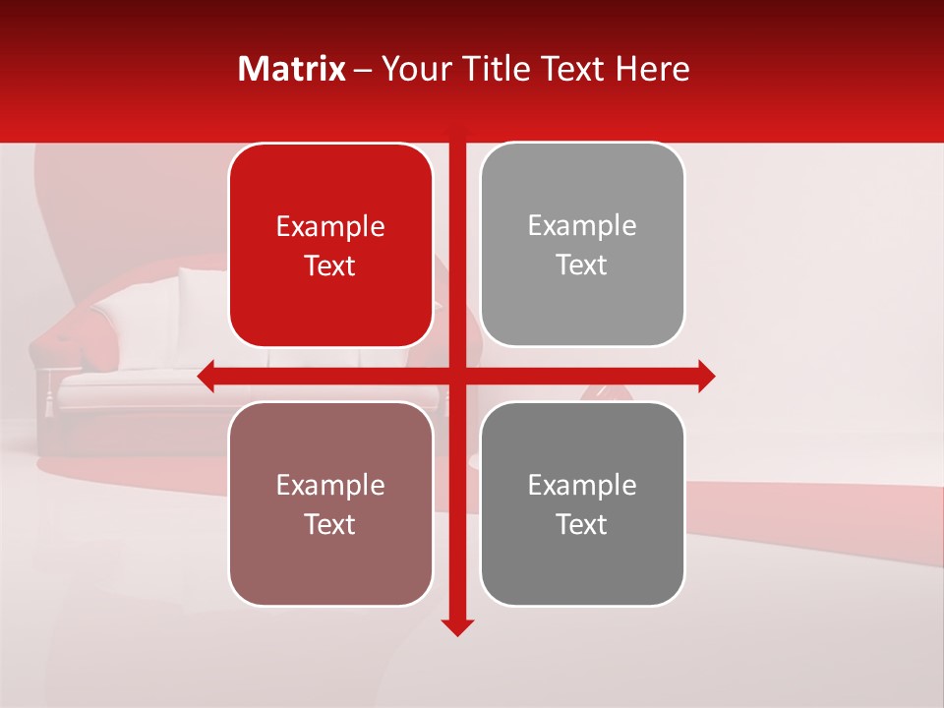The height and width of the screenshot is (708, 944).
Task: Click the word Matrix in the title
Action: coord(292,69)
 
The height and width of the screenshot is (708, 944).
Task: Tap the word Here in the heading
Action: coord(652,69)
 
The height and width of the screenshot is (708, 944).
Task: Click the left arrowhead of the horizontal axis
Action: coord(207,377)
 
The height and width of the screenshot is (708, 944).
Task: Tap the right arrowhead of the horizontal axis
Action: coord(706,377)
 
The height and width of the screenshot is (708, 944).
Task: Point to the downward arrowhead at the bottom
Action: coord(457,626)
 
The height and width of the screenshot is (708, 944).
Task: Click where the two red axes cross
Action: coord(457,377)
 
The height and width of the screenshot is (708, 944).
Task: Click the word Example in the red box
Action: coord(330,227)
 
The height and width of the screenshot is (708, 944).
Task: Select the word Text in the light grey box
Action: coord(582,265)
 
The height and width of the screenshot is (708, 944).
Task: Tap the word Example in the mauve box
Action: coord(330,486)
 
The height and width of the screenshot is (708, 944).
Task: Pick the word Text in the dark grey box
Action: coord(582,524)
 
